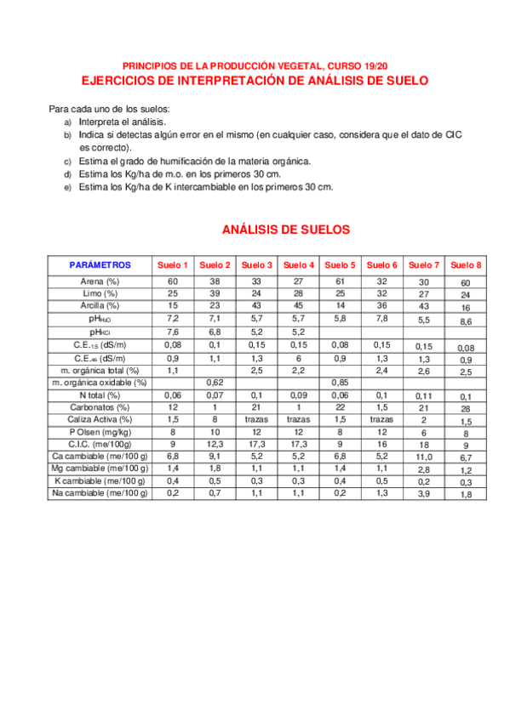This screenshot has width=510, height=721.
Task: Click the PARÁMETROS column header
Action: pyautogui.click(x=100, y=265)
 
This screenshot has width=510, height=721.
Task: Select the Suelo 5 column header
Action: pyautogui.click(x=341, y=265)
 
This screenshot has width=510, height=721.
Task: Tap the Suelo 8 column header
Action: pyautogui.click(x=466, y=265)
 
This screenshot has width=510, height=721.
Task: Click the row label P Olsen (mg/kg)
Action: pyautogui.click(x=100, y=432)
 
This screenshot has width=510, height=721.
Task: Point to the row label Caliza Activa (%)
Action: pyautogui.click(x=100, y=419)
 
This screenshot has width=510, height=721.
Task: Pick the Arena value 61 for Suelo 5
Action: pyautogui.click(x=341, y=281)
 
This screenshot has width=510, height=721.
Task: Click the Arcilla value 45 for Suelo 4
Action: pyautogui.click(x=298, y=304)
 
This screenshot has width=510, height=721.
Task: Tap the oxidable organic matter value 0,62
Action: pyautogui.click(x=215, y=383)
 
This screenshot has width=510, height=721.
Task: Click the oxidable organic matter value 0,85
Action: pyautogui.click(x=341, y=383)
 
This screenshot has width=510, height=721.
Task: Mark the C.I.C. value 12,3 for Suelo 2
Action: pyautogui.click(x=215, y=444)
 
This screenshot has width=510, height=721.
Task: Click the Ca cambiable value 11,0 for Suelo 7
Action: pyautogui.click(x=424, y=457)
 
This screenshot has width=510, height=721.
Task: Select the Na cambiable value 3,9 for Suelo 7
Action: pyautogui.click(x=424, y=494)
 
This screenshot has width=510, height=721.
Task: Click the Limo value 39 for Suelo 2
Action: pyautogui.click(x=215, y=292)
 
